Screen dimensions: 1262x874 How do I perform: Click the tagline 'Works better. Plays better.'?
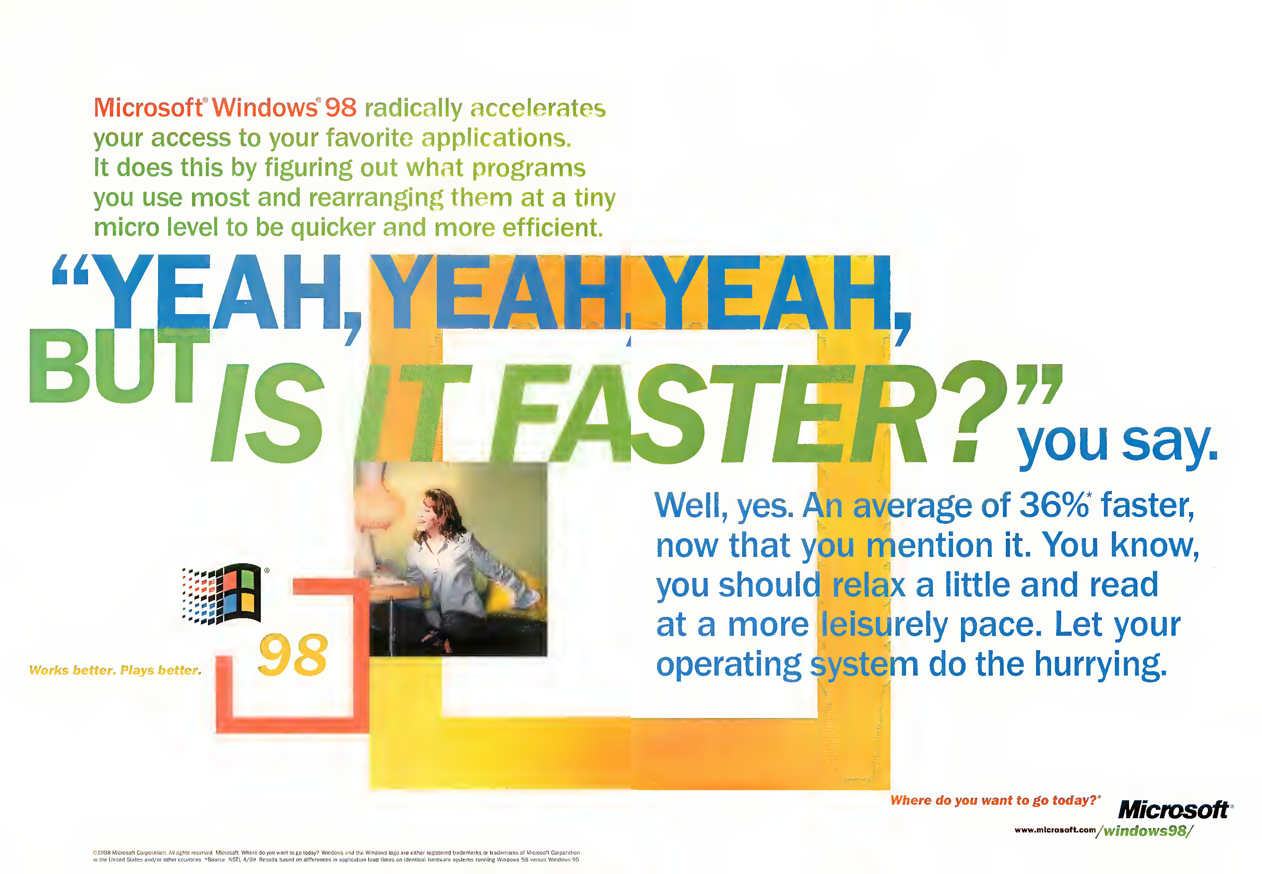[x=115, y=670]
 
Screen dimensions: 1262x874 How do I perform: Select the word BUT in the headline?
[x=119, y=366]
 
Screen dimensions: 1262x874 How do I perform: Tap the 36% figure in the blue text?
[x=1054, y=505]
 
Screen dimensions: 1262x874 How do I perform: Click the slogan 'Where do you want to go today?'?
[x=994, y=801]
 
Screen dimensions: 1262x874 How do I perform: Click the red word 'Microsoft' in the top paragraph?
[x=148, y=107]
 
